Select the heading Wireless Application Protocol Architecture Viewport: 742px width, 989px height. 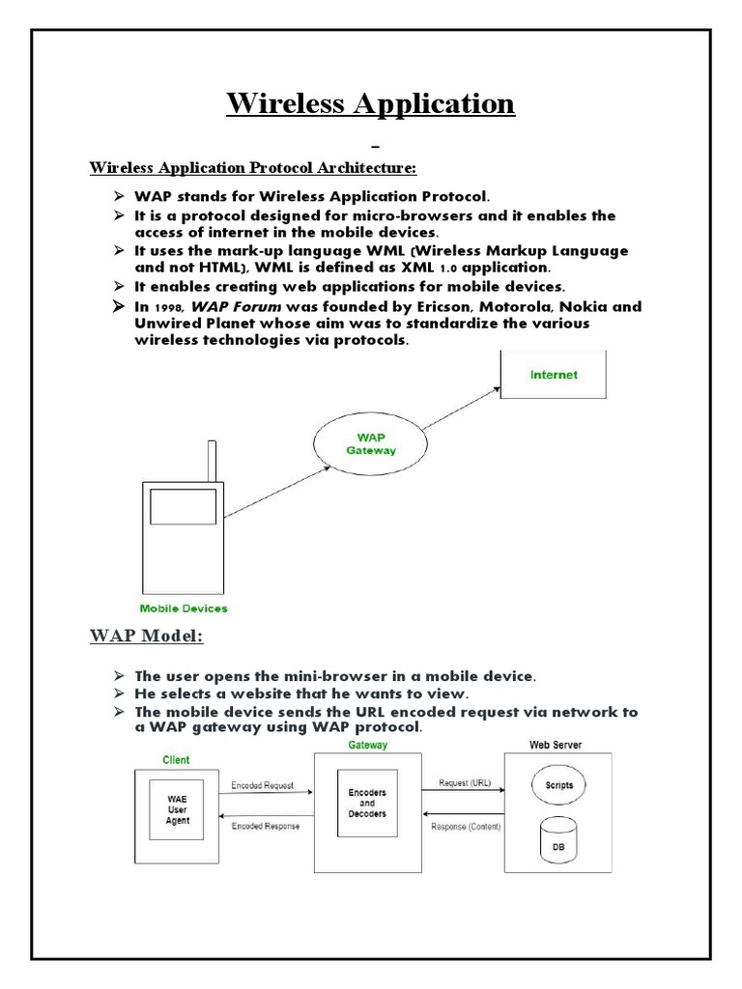(253, 168)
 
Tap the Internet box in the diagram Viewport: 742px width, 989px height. (554, 374)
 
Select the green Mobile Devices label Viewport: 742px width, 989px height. (184, 608)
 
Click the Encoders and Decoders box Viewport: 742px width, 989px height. (366, 802)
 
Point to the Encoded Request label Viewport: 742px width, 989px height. (264, 785)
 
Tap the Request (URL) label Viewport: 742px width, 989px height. (465, 783)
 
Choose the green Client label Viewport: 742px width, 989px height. (176, 760)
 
